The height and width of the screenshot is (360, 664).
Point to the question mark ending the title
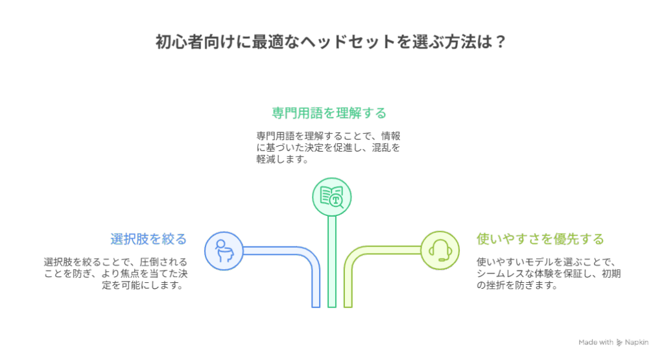pos(500,42)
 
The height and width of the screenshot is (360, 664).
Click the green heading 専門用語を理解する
pos(329,113)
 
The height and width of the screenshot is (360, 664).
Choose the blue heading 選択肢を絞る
pos(148,239)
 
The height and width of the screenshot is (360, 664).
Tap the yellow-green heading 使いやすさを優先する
pos(540,239)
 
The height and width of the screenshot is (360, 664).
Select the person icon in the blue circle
pos(224,251)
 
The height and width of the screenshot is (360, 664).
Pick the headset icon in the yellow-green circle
pos(440,250)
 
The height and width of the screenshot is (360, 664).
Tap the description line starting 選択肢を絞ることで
pos(115,262)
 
